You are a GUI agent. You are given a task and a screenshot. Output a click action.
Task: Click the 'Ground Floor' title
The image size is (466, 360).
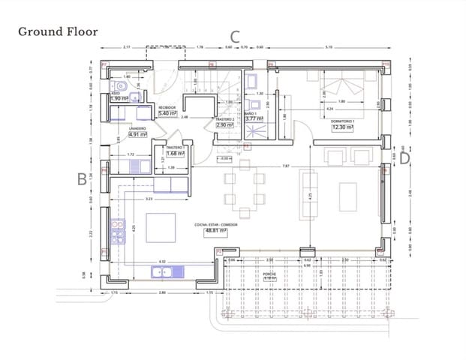point(58,31)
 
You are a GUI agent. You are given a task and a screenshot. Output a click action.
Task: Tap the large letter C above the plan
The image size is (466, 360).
point(234,35)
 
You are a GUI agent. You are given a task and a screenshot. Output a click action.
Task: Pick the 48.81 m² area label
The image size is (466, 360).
point(215,231)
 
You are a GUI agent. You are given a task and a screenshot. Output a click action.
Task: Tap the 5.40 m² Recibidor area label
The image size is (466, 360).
point(167,113)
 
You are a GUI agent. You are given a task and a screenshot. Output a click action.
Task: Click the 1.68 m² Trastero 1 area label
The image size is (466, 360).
point(176,153)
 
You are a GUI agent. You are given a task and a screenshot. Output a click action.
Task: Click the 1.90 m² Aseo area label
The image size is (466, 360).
point(119,98)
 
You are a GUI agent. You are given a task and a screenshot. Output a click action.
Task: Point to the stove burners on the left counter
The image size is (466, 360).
point(118,237)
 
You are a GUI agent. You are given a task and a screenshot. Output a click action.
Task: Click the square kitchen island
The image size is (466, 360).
point(160,228)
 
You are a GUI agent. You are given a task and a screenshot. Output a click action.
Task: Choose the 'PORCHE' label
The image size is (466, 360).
point(269,275)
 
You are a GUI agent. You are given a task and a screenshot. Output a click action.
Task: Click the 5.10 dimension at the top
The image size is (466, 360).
point(328,48)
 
